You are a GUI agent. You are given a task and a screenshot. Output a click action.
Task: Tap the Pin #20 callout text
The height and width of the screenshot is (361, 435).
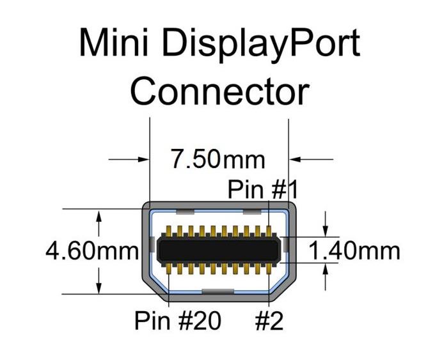pyautogui.click(x=178, y=320)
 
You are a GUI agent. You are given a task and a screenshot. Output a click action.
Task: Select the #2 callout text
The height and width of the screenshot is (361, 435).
pyautogui.click(x=269, y=320)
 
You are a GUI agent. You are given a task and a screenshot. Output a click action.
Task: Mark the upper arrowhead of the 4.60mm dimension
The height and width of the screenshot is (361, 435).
pyautogui.click(x=99, y=215)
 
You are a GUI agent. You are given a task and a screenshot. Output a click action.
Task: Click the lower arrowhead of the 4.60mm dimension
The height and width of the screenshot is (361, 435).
pyautogui.click(x=99, y=288)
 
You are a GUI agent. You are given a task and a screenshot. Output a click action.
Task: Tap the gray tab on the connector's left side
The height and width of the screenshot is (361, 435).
pyautogui.click(x=151, y=245)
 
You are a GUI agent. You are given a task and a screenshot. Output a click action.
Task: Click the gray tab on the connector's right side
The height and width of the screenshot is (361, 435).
pyautogui.click(x=285, y=245)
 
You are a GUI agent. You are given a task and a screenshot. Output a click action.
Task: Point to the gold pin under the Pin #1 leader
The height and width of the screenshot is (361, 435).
pyautogui.click(x=269, y=231)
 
